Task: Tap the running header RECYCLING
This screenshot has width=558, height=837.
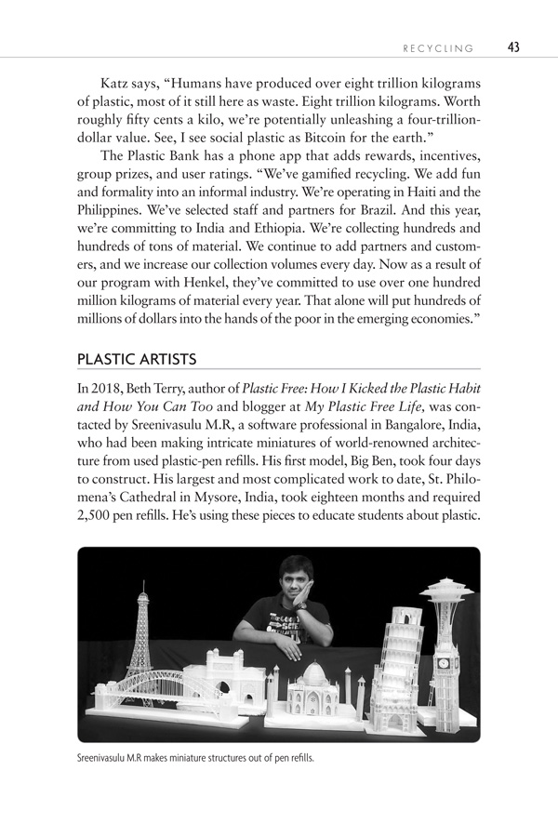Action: click(x=437, y=48)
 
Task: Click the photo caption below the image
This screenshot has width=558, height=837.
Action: click(x=195, y=758)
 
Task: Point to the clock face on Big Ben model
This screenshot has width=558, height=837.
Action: click(x=443, y=664)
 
